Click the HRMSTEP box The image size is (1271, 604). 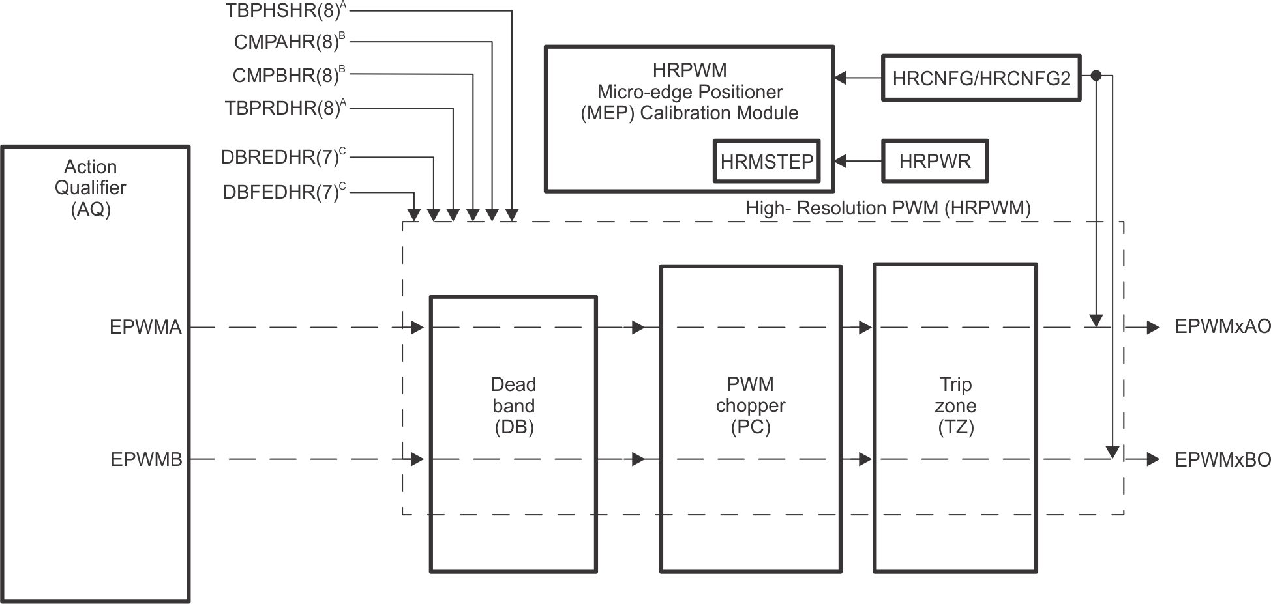[x=766, y=161]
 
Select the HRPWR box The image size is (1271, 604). [x=935, y=161]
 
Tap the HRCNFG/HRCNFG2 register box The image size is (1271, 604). [x=981, y=78]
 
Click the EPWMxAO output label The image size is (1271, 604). [x=1222, y=327]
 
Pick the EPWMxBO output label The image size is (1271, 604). [x=1222, y=460]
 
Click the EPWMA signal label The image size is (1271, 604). [x=145, y=327]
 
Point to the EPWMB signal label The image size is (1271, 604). [x=146, y=460]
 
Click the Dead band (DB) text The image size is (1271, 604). [x=513, y=405]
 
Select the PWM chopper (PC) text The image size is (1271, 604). [x=751, y=405]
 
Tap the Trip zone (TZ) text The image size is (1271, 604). [x=955, y=405]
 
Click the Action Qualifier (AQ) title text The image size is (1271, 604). [x=91, y=188]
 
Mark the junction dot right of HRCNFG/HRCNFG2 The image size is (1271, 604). [x=1096, y=76]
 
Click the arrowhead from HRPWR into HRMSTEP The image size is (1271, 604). [x=841, y=161]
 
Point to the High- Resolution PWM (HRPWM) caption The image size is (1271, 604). [x=888, y=209]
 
